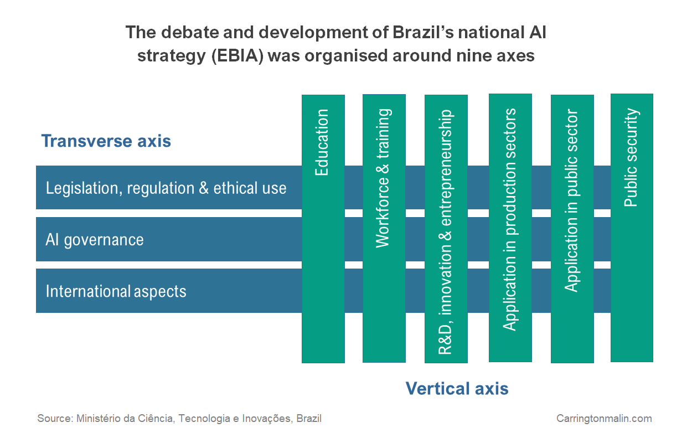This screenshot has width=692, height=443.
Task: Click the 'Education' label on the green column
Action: coord(322,143)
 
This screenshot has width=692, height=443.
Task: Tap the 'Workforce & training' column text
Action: coord(383,178)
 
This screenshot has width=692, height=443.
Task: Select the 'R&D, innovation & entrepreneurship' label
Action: coord(445,233)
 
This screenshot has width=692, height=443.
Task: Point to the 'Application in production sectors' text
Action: coord(509,220)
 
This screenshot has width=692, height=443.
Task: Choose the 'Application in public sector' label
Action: coord(571,201)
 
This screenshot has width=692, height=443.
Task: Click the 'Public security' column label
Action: coord(631,158)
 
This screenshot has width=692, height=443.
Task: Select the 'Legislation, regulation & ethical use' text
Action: coord(166,188)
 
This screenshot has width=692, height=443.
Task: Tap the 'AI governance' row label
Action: coord(95,240)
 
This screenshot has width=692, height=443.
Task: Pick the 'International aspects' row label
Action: coord(116,291)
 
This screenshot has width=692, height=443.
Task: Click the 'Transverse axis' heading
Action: coord(106,141)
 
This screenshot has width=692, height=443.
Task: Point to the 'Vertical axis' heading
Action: coord(457,388)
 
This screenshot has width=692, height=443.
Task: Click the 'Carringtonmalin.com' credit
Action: coord(604,419)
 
